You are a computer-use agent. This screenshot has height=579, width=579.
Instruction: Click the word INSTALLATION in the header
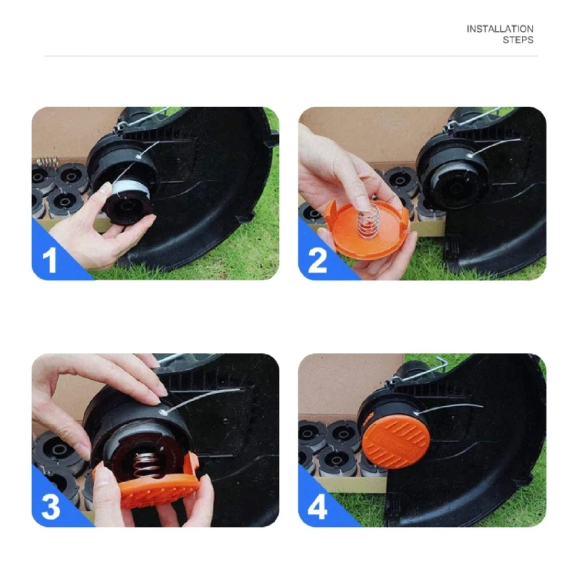click(499, 29)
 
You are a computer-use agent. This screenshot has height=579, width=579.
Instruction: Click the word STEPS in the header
click(517, 40)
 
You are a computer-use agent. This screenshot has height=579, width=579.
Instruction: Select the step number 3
click(49, 507)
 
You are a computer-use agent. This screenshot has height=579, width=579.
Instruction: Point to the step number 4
click(317, 507)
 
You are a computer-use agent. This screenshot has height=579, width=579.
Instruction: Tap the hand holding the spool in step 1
click(80, 232)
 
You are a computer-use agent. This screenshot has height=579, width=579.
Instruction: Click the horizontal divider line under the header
click(289, 56)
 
